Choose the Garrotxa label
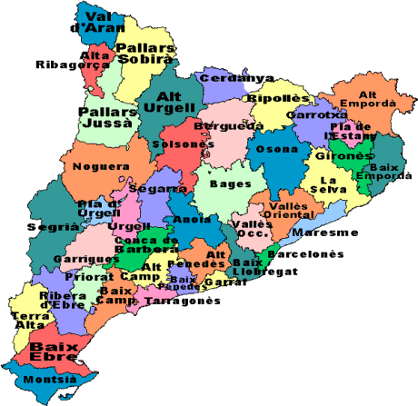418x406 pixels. tap(313, 115)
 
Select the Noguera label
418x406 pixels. tap(95, 166)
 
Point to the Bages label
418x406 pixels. tap(224, 183)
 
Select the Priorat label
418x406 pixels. tap(94, 276)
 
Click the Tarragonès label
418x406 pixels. tap(183, 301)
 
